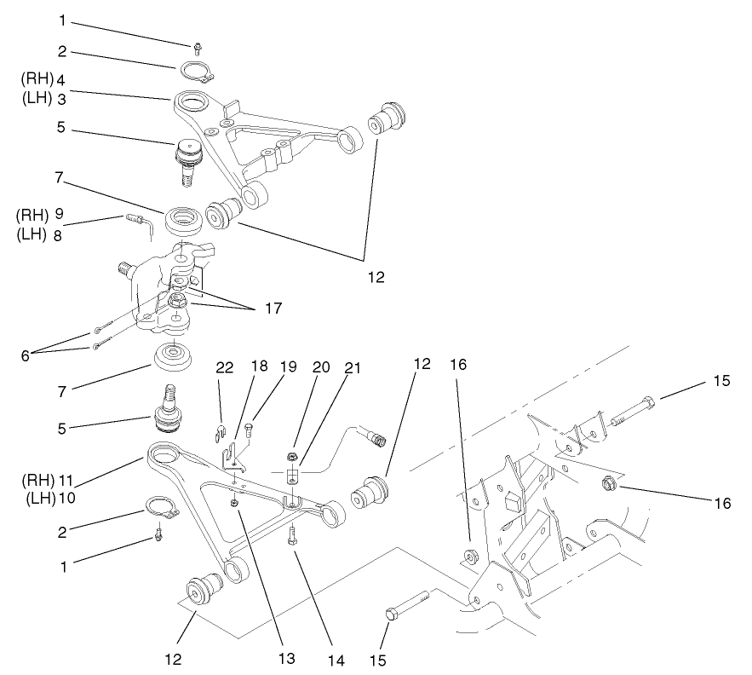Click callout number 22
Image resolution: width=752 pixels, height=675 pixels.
click(225, 367)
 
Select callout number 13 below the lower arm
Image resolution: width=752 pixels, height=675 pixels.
click(286, 658)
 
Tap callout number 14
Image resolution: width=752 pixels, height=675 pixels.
click(336, 661)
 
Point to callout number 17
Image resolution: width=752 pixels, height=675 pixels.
click(273, 308)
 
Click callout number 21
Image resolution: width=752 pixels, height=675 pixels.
click(353, 367)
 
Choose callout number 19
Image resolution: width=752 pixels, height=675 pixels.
click(288, 366)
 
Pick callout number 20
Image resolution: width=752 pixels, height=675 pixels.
click(321, 366)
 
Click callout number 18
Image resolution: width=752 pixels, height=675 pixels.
click(259, 366)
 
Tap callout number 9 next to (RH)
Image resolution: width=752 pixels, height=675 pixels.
click(59, 214)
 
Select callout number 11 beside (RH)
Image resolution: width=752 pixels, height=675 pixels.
click(65, 479)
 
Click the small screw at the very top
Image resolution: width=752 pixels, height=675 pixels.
click(197, 48)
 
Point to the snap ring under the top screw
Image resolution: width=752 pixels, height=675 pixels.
click(198, 71)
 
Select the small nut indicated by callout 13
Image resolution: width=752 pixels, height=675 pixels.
click(234, 503)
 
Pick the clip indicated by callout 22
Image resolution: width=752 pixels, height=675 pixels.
click(219, 432)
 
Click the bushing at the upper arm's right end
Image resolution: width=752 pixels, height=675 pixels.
click(387, 118)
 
